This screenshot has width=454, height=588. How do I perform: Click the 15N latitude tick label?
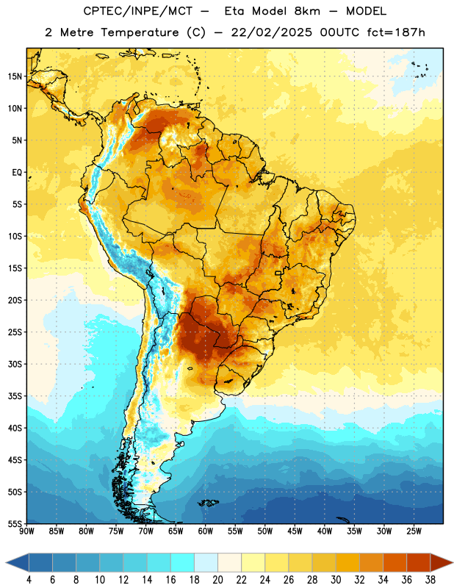(x=15, y=76)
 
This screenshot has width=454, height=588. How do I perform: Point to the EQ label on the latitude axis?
(x=17, y=173)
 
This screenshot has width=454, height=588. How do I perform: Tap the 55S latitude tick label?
(x=15, y=523)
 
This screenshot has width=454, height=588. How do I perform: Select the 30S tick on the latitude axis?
(x=15, y=364)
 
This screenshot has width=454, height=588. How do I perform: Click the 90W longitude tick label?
(x=26, y=531)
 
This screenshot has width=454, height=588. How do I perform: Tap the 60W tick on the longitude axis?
(x=206, y=531)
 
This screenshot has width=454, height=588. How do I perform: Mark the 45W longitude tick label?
(x=295, y=531)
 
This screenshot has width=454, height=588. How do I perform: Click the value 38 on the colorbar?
(x=430, y=580)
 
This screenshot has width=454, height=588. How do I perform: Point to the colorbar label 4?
(x=29, y=580)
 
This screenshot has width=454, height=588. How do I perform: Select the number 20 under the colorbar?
(x=217, y=580)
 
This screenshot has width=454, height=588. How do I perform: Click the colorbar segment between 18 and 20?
(x=206, y=562)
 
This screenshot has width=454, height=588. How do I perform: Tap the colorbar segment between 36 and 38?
(x=419, y=562)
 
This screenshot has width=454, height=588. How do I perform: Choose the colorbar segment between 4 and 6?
(x=41, y=562)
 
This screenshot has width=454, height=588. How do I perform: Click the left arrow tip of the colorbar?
(x=6, y=562)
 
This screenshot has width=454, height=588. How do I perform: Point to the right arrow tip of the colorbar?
(x=453, y=562)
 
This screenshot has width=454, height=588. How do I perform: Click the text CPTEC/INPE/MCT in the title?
(x=137, y=12)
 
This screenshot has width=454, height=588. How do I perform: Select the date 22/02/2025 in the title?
(x=271, y=32)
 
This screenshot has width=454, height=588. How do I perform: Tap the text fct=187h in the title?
(x=396, y=32)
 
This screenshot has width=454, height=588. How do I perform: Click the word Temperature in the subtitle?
(x=140, y=33)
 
